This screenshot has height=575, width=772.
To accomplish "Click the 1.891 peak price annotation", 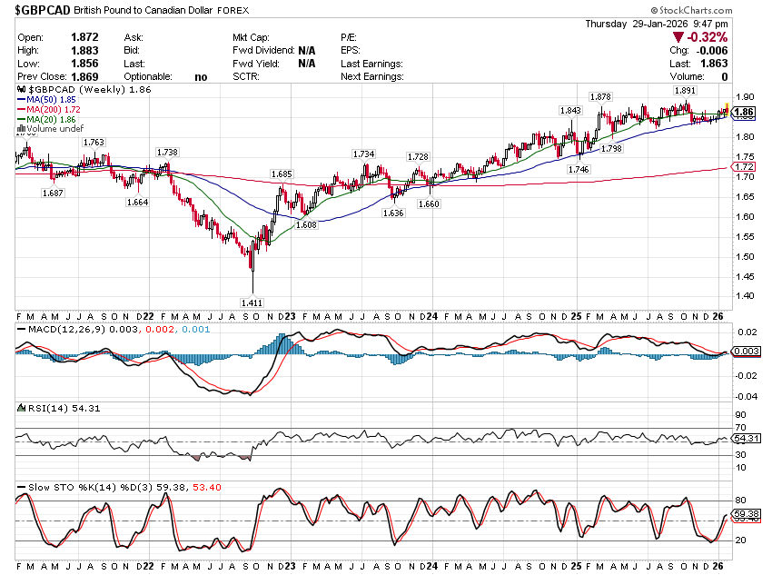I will coord(685,91).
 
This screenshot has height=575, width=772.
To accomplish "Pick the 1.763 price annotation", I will coord(94,142).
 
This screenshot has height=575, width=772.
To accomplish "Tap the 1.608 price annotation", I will coord(306,223).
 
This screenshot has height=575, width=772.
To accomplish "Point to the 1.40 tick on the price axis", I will coord(745,296).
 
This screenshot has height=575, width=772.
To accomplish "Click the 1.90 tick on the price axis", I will coord(745,97).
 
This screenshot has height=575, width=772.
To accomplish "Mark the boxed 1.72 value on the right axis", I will coord(745,167).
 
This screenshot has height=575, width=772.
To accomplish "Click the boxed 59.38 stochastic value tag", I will coord(746,515).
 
